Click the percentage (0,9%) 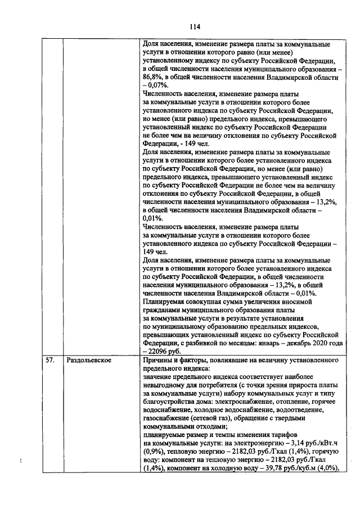pyautogui.click(x=154, y=451)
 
